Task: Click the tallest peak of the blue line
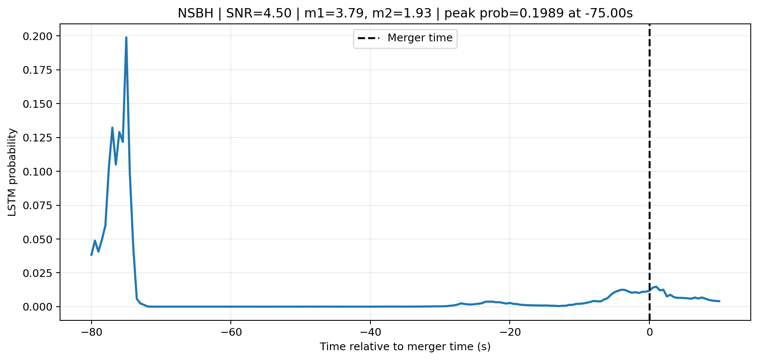[x=126, y=37]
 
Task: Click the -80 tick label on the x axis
[x=91, y=332]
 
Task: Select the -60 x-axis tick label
[x=230, y=332]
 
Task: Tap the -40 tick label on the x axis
[x=370, y=332]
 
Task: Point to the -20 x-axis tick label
[x=510, y=332]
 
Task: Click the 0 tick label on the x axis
[x=649, y=332]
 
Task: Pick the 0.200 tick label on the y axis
[x=38, y=36]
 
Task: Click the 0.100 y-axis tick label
[x=38, y=172]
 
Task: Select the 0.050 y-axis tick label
[x=38, y=239]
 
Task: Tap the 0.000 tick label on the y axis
[x=38, y=307]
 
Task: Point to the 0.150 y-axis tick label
[x=38, y=104]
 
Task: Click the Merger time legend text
[x=420, y=38]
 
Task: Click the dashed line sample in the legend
[x=368, y=38]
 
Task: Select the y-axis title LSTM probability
[x=12, y=172]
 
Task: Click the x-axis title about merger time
[x=405, y=347]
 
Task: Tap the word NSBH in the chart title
[x=195, y=14]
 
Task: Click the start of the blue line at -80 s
[x=91, y=255]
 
